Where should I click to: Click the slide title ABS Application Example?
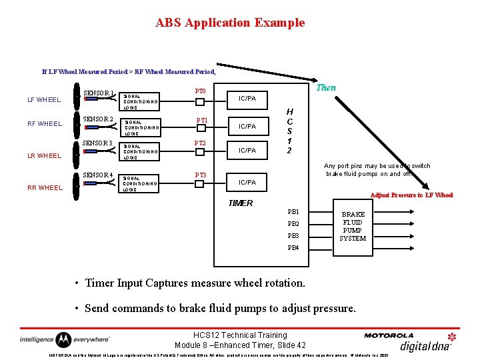click(x=230, y=23)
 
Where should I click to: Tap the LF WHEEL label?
click(x=44, y=100)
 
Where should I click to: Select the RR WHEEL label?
click(x=44, y=188)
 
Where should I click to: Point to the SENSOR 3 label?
click(x=97, y=143)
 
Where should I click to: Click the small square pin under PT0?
click(x=200, y=102)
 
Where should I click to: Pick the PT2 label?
click(x=200, y=143)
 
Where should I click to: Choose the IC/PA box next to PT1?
click(x=247, y=126)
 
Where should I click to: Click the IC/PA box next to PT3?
click(x=247, y=182)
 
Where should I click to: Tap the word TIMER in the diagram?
click(x=241, y=203)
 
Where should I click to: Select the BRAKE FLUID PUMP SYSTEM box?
click(x=353, y=226)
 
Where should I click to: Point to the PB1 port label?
click(x=293, y=211)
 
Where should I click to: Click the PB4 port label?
click(x=293, y=248)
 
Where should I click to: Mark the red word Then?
click(x=326, y=87)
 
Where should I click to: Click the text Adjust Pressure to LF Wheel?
click(x=411, y=195)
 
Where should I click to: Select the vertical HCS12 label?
click(x=289, y=131)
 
